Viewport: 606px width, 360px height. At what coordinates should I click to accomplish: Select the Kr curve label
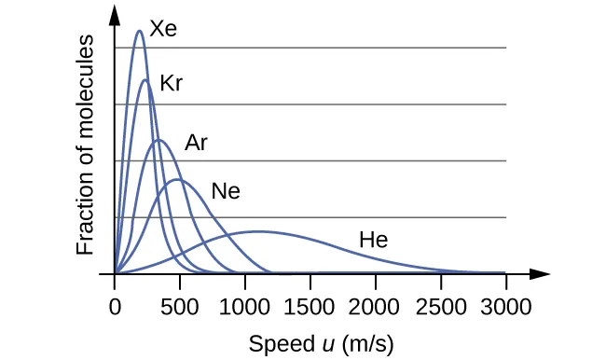(171, 83)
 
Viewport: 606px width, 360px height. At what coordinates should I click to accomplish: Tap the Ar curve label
(196, 143)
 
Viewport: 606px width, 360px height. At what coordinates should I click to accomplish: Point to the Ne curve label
(226, 192)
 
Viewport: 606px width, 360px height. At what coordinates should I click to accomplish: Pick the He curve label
(373, 241)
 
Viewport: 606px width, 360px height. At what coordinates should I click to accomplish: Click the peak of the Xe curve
(140, 31)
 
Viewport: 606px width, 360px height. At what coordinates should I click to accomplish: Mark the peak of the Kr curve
(145, 80)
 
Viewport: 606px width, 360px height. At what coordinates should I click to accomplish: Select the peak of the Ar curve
(159, 140)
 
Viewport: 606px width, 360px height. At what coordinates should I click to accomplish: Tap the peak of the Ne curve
(177, 179)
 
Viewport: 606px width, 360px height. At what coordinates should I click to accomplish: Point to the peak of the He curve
(258, 230)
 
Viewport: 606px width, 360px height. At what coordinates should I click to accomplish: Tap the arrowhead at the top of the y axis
(115, 13)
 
